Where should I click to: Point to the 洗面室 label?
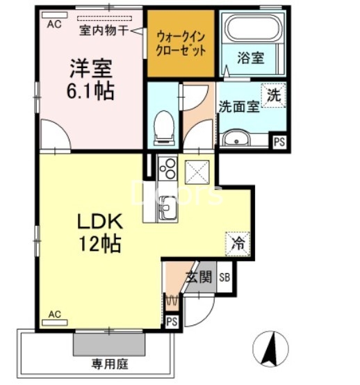click(238, 107)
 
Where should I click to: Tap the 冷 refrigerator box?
click(238, 243)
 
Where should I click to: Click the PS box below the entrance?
click(172, 321)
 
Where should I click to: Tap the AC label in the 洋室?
click(54, 23)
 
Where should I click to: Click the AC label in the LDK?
click(54, 315)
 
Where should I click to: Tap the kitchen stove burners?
click(167, 169)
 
